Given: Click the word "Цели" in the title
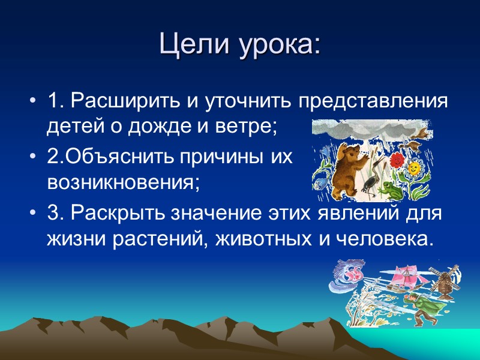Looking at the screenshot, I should [x=188, y=44].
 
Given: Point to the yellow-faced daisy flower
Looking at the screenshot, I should [x=414, y=169].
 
